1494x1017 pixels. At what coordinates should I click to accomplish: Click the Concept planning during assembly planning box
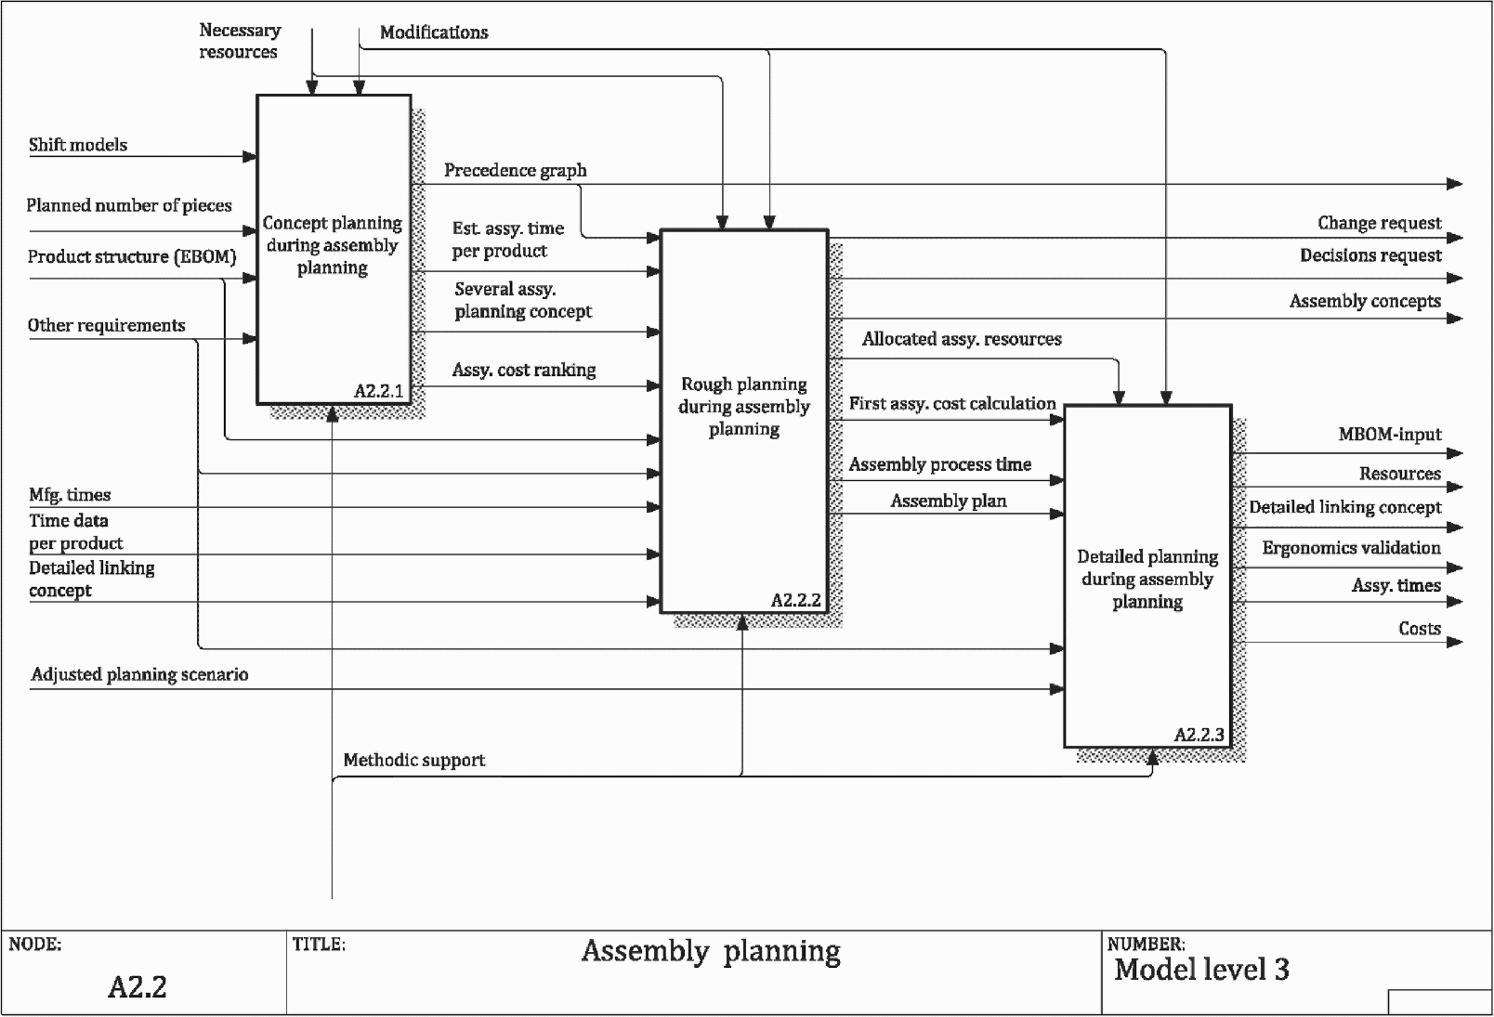click(x=334, y=250)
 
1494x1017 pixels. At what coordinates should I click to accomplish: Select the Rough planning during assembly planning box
click(x=744, y=422)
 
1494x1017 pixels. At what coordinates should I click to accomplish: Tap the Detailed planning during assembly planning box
click(x=1147, y=576)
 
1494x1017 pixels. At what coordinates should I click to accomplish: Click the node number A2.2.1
click(x=379, y=391)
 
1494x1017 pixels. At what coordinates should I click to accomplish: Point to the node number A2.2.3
click(x=1199, y=735)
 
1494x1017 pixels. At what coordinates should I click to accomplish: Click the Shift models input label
click(x=78, y=145)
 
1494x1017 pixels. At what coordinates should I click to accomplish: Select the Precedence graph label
click(x=516, y=170)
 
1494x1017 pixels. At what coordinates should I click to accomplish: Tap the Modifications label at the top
click(x=434, y=32)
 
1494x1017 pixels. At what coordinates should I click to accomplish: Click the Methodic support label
click(x=414, y=760)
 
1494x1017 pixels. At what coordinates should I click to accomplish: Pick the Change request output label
click(x=1380, y=223)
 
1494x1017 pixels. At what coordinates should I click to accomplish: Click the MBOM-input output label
click(x=1390, y=434)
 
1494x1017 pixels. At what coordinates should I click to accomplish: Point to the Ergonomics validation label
click(x=1351, y=548)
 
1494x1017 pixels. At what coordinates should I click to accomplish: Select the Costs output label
click(x=1420, y=628)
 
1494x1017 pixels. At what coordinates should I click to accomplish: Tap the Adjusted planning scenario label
click(x=139, y=674)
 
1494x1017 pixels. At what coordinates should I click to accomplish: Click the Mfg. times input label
click(x=70, y=495)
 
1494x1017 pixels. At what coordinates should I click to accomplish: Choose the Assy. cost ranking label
click(x=524, y=371)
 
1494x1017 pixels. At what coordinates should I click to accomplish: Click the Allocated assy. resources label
click(x=962, y=339)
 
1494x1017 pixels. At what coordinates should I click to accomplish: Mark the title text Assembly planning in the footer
click(x=711, y=952)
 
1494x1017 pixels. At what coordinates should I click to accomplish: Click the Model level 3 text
click(x=1202, y=969)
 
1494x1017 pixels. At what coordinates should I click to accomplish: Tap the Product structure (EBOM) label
click(x=132, y=256)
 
